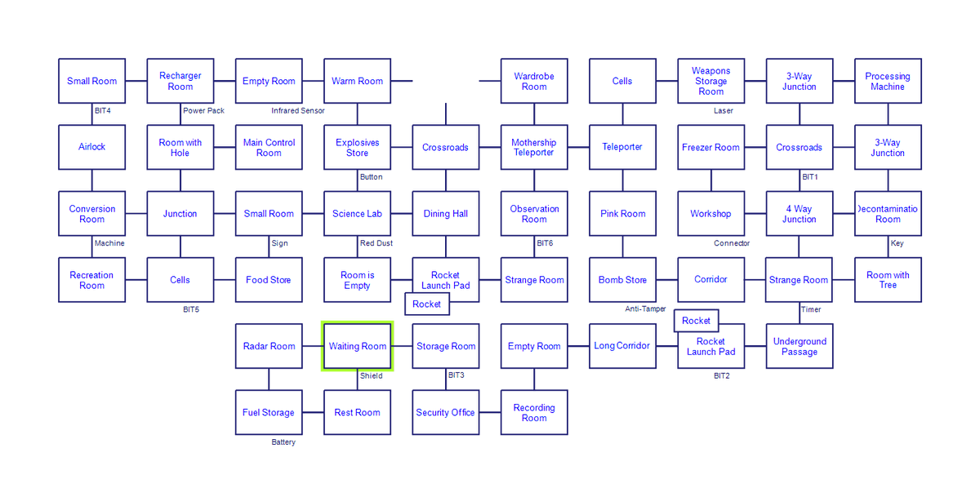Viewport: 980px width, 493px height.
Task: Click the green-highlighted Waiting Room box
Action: (x=357, y=346)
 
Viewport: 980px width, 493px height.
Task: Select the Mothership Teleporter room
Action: (x=534, y=147)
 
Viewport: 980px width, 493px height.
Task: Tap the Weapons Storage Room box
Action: (x=710, y=81)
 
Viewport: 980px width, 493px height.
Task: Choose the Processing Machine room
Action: (x=888, y=81)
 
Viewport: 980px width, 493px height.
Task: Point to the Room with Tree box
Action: (x=888, y=280)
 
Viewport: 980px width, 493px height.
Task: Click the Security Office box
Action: (x=445, y=412)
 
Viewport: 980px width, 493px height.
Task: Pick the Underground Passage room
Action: (x=799, y=346)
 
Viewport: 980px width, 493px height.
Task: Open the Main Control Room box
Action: (x=269, y=147)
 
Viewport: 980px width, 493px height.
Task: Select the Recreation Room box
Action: (x=92, y=280)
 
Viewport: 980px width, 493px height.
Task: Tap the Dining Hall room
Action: (x=445, y=214)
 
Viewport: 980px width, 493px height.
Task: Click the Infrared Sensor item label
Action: (x=298, y=110)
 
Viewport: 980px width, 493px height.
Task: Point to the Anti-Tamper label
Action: (x=645, y=309)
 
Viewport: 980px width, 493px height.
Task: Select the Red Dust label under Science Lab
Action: (x=376, y=243)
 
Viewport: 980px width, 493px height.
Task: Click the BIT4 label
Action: (x=103, y=110)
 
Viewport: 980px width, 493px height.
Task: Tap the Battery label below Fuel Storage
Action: (x=283, y=442)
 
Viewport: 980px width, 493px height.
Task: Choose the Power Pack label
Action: (x=203, y=110)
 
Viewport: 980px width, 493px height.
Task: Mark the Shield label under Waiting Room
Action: (x=371, y=376)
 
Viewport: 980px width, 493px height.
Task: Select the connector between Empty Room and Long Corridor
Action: (x=578, y=346)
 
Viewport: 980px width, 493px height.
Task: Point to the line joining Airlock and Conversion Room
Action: (x=92, y=180)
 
